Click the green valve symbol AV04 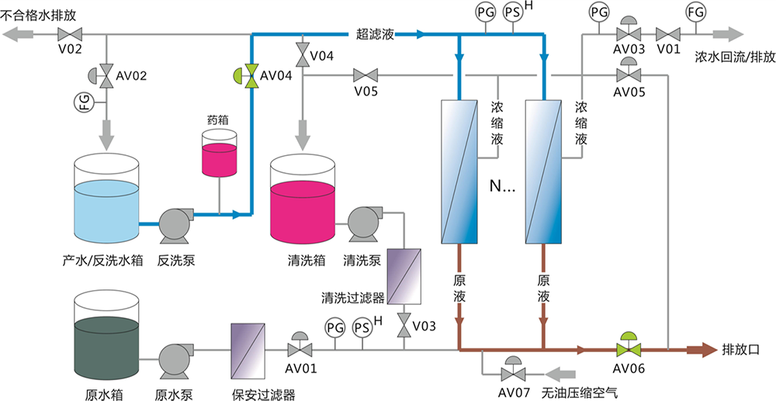pyautogui.click(x=250, y=75)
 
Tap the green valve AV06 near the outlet pyautogui.click(x=627, y=348)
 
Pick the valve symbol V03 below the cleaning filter pyautogui.click(x=404, y=327)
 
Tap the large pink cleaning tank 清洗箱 pyautogui.click(x=303, y=206)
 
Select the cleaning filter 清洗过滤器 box pyautogui.click(x=404, y=275)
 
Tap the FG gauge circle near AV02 pyautogui.click(x=85, y=101)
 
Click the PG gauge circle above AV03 pyautogui.click(x=599, y=12)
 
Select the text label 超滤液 pyautogui.click(x=376, y=34)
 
